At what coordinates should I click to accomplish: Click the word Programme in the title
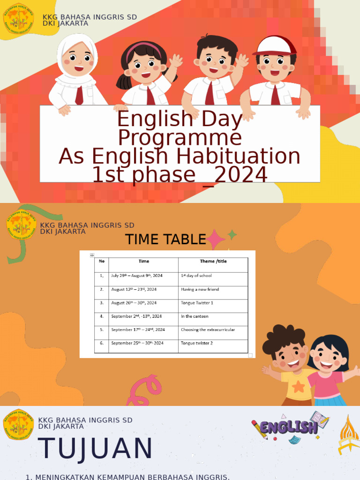click(180, 138)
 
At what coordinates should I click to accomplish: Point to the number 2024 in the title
click(240, 175)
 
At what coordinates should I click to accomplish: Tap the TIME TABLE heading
click(165, 240)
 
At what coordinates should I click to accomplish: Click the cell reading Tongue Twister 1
click(197, 303)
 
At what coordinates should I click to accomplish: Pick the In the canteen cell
click(195, 316)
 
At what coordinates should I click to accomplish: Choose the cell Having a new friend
click(200, 289)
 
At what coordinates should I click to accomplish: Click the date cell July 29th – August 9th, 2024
click(136, 276)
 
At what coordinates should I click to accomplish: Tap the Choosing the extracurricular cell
click(208, 330)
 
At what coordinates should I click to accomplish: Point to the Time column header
click(143, 262)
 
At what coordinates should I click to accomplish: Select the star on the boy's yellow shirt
click(298, 386)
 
